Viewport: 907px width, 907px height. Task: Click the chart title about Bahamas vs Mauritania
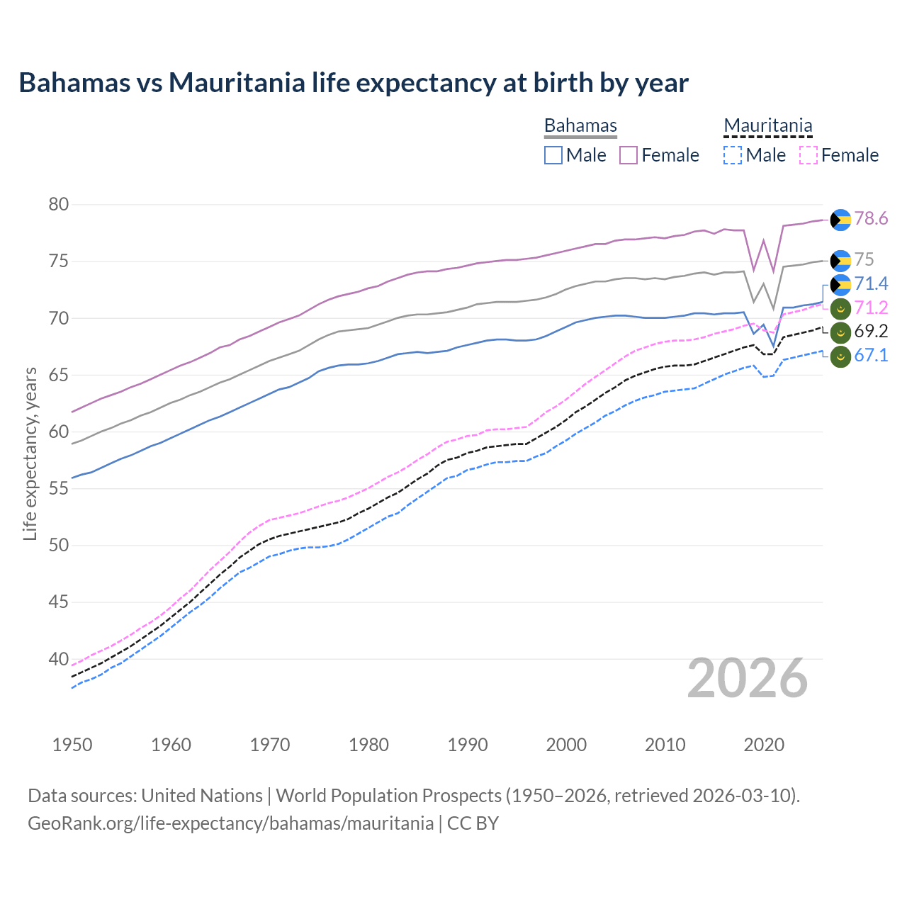point(353,83)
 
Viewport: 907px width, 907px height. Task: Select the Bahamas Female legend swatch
point(629,155)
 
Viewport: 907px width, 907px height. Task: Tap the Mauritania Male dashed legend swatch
point(733,155)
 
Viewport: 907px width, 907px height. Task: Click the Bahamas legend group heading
point(580,125)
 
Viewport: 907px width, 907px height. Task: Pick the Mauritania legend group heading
point(767,125)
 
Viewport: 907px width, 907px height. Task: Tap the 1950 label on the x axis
point(72,745)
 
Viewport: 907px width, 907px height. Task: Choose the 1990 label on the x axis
point(468,745)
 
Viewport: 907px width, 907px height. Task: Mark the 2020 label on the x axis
point(764,745)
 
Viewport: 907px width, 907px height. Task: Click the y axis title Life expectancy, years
point(30,453)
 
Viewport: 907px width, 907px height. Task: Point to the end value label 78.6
point(871,219)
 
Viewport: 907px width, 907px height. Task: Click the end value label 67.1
point(871,356)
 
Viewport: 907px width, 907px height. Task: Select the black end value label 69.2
point(871,332)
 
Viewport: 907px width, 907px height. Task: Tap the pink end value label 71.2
point(871,308)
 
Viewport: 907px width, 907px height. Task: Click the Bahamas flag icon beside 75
point(840,261)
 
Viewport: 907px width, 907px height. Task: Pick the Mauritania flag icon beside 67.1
point(840,356)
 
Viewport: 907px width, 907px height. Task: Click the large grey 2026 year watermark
point(748,679)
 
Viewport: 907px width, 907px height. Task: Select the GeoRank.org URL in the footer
point(230,823)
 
